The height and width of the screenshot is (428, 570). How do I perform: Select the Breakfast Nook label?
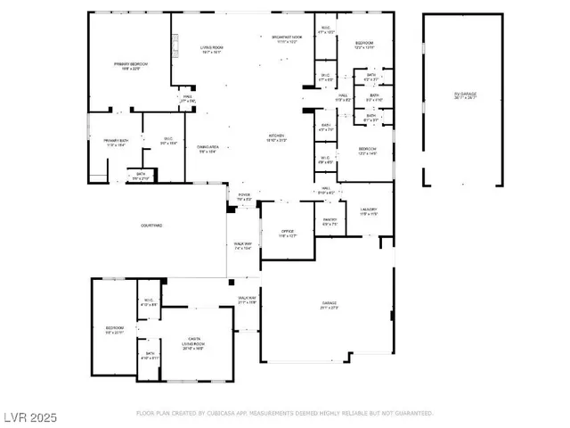tap(285, 38)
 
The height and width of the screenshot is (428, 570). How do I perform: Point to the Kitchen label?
tap(277, 138)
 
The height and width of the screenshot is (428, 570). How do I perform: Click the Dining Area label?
tap(208, 150)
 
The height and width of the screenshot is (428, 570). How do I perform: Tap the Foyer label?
tap(244, 195)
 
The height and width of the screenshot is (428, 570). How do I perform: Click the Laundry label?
tap(370, 211)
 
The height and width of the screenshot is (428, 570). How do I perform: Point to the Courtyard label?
tap(151, 226)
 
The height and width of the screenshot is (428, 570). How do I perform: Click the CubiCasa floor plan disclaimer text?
tap(284, 414)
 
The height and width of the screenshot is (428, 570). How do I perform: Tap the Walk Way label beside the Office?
tap(243, 246)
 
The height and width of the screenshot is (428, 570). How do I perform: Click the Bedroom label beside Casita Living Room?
tap(115, 330)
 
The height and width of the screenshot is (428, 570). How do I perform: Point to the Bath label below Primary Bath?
tap(141, 176)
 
